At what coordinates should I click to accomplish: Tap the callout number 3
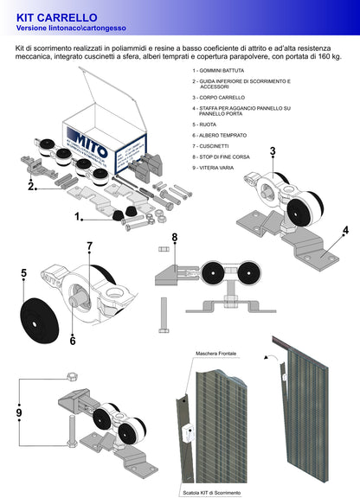(272, 152)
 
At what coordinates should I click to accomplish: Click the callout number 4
(345, 231)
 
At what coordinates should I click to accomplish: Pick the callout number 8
(174, 238)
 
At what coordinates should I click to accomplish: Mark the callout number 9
(20, 413)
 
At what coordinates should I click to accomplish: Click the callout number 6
(74, 341)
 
